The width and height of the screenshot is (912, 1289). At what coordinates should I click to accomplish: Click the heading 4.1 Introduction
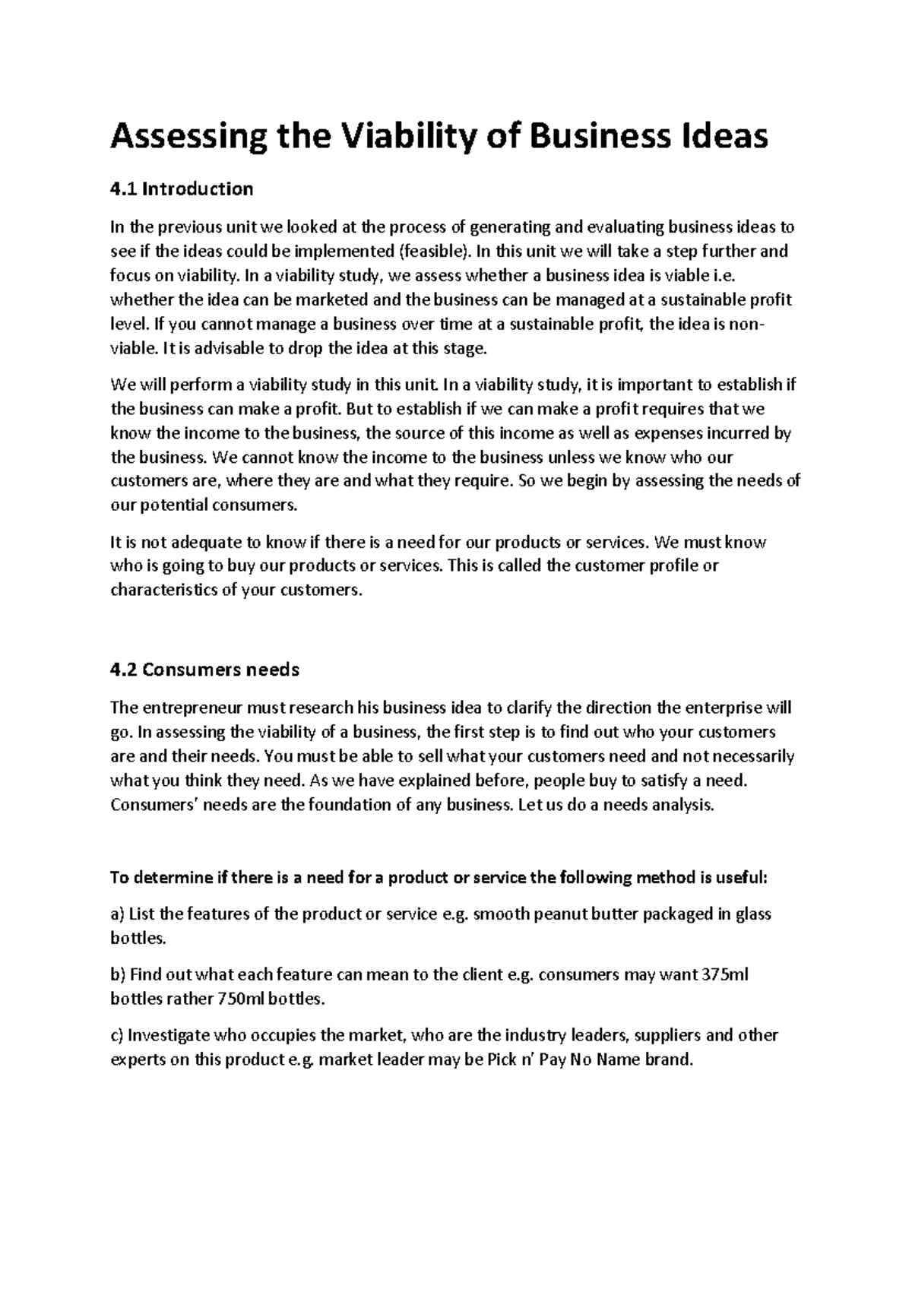click(x=182, y=188)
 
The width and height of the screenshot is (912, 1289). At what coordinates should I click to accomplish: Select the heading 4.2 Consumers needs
click(x=204, y=670)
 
